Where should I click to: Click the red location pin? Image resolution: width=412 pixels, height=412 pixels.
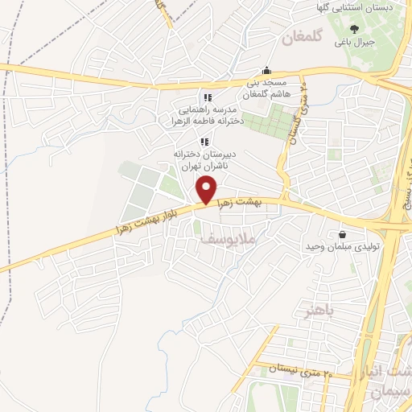click(207, 191)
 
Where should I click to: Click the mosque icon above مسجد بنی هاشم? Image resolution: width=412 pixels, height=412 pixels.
click(267, 70)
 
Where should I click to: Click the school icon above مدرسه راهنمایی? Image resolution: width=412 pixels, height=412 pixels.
click(208, 97)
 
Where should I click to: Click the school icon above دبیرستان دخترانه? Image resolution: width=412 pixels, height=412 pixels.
click(204, 142)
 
